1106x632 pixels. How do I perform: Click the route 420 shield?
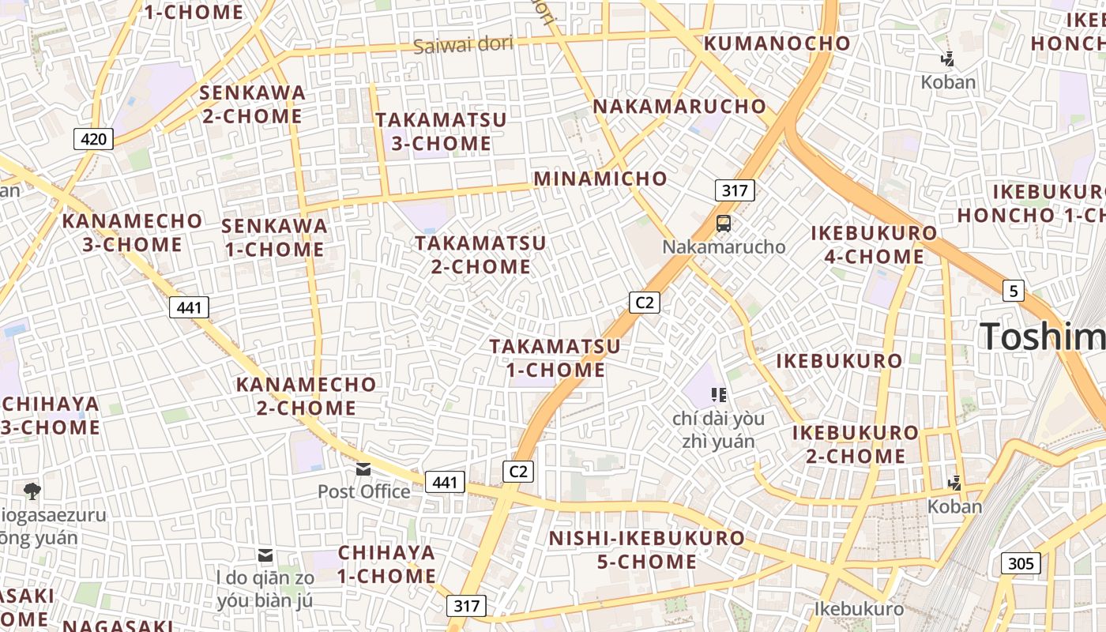[x=94, y=140]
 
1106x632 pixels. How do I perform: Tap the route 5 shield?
[x=1014, y=291]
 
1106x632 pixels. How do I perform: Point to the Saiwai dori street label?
[x=463, y=44]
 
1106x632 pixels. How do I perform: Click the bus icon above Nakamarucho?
[x=724, y=224]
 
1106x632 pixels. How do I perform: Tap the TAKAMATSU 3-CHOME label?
[x=442, y=132]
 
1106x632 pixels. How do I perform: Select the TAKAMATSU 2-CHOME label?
[x=481, y=254]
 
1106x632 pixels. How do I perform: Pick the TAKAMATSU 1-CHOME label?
[x=555, y=358]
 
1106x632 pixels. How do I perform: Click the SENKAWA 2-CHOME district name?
[x=252, y=104]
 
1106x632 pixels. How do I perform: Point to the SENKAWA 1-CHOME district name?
[x=274, y=238]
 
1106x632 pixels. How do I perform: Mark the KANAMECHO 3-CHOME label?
[x=133, y=232]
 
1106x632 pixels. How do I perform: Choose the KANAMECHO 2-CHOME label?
[x=307, y=397]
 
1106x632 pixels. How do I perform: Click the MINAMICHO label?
[x=600, y=179]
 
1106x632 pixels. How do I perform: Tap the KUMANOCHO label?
[x=777, y=43]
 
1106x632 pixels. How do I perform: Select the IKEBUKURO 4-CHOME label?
[x=875, y=245]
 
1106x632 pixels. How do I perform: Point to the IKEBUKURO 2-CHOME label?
[x=856, y=444]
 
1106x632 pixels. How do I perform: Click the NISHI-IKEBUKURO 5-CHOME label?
[x=647, y=550]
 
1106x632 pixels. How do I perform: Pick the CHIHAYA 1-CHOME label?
[x=386, y=563]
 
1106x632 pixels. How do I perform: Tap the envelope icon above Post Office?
[x=363, y=469]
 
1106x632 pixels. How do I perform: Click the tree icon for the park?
[x=32, y=491]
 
